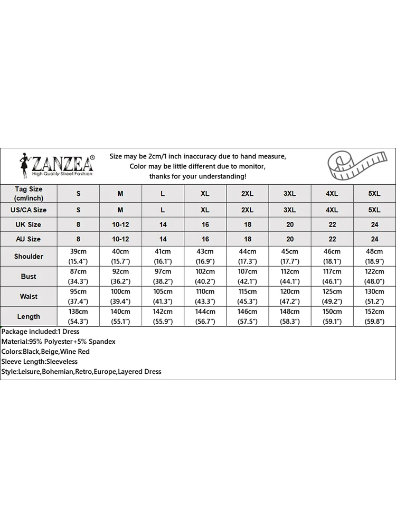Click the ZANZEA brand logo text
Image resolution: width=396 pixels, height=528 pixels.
(x=63, y=161)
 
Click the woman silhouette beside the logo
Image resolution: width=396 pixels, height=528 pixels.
(x=24, y=166)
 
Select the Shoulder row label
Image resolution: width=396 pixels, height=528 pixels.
(x=29, y=256)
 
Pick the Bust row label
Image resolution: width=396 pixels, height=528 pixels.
(x=29, y=276)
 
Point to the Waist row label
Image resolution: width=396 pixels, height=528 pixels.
(x=29, y=296)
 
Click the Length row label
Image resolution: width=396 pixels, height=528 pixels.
(x=29, y=316)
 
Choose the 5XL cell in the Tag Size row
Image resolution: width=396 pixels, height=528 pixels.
(x=374, y=194)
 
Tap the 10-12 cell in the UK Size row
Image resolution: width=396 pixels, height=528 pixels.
(x=120, y=224)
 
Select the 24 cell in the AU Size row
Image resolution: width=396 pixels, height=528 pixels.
(x=374, y=239)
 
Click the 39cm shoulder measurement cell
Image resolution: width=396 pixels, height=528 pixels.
(x=79, y=256)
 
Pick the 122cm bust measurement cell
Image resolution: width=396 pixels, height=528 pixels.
(x=374, y=276)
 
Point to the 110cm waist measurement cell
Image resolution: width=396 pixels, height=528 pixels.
(x=205, y=296)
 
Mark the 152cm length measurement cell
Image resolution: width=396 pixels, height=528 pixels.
(x=374, y=316)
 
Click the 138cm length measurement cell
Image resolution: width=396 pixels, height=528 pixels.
(x=79, y=316)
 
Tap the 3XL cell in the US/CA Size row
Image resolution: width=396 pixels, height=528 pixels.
(x=289, y=210)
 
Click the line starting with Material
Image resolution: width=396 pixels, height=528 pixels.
(x=58, y=342)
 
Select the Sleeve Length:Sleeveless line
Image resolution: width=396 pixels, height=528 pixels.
(x=40, y=362)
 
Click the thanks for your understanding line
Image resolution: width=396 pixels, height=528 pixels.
(x=197, y=176)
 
